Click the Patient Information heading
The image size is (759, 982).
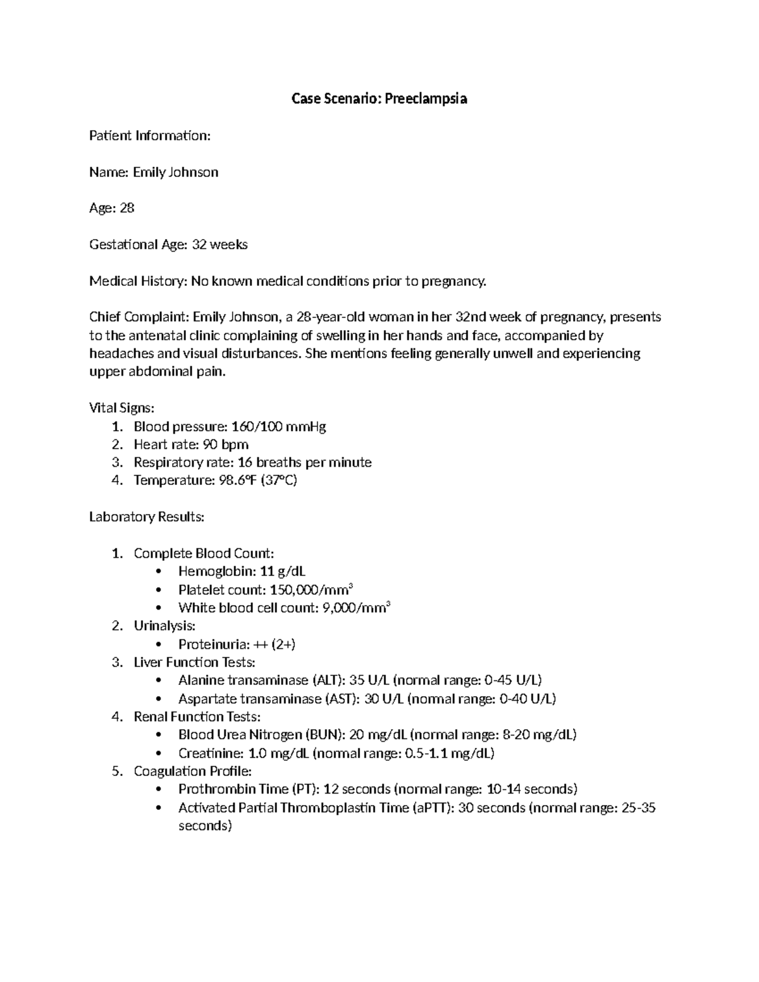pyautogui.click(x=149, y=135)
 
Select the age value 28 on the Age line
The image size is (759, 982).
pyautogui.click(x=126, y=208)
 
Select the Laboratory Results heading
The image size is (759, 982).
pyautogui.click(x=147, y=517)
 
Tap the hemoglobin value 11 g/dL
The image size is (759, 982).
pyautogui.click(x=283, y=572)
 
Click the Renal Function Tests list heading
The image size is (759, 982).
pyautogui.click(x=197, y=716)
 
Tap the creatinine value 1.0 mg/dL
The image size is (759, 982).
pyautogui.click(x=280, y=753)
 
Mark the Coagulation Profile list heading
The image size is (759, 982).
pyautogui.click(x=192, y=771)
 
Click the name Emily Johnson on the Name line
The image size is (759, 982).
pyautogui.click(x=175, y=172)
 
